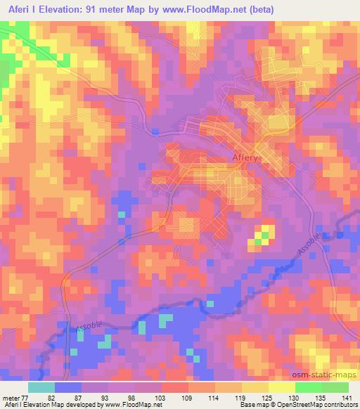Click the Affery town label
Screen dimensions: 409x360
click(245, 158)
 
